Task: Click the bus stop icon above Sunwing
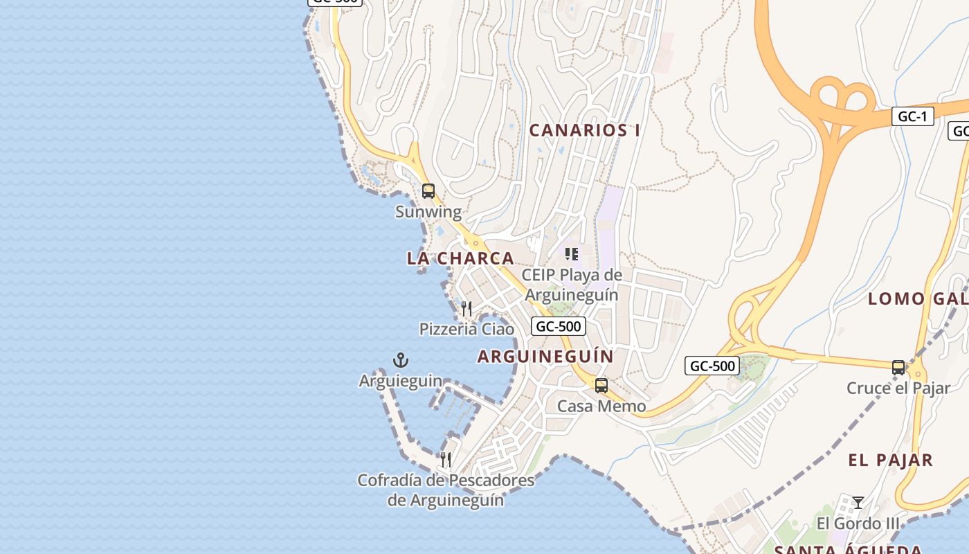(x=428, y=191)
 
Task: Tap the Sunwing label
(x=428, y=212)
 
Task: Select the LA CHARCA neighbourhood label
(x=460, y=258)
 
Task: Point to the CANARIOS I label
(x=585, y=130)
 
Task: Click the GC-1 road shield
(x=912, y=116)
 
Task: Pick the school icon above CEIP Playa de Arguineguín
(x=572, y=254)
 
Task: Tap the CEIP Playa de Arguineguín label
(x=572, y=285)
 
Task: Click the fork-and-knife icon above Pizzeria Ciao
(x=467, y=308)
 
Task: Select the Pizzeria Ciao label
(x=467, y=329)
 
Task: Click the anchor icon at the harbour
(x=401, y=360)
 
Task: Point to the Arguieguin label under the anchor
(x=401, y=381)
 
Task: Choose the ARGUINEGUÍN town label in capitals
(x=545, y=357)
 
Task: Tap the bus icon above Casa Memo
(x=601, y=386)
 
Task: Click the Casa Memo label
(x=601, y=406)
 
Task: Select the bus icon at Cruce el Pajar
(x=898, y=368)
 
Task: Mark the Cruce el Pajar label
(x=898, y=388)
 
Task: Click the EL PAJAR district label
(x=891, y=460)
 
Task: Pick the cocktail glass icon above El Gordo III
(x=858, y=503)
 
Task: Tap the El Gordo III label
(x=858, y=524)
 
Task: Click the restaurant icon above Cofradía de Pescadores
(x=446, y=459)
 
